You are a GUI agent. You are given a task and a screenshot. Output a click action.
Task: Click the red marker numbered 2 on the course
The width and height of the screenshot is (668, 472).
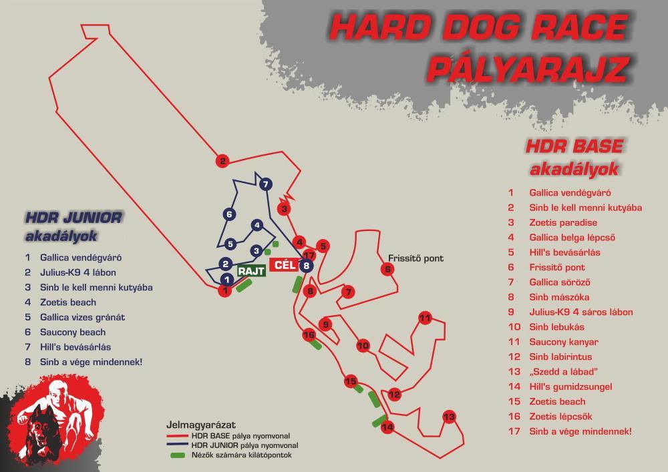point(222,160)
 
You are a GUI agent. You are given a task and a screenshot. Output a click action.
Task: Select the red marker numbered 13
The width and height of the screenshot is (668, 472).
point(449,417)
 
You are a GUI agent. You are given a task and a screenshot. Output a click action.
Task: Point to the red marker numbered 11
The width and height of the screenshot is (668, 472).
point(425,318)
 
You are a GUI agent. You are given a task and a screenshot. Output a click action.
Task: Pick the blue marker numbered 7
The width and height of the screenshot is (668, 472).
point(265,184)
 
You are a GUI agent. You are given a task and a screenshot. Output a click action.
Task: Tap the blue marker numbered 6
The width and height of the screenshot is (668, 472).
point(229,214)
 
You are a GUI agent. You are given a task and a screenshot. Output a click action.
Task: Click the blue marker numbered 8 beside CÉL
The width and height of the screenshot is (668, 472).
point(306,266)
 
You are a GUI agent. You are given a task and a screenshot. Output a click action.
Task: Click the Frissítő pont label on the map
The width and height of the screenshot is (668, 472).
point(415,258)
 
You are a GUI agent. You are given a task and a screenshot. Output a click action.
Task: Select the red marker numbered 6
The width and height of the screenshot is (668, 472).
point(387,269)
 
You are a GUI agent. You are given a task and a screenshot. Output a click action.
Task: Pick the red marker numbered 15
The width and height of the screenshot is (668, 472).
point(351,381)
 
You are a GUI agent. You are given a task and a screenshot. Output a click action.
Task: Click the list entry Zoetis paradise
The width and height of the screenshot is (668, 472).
point(562,223)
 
